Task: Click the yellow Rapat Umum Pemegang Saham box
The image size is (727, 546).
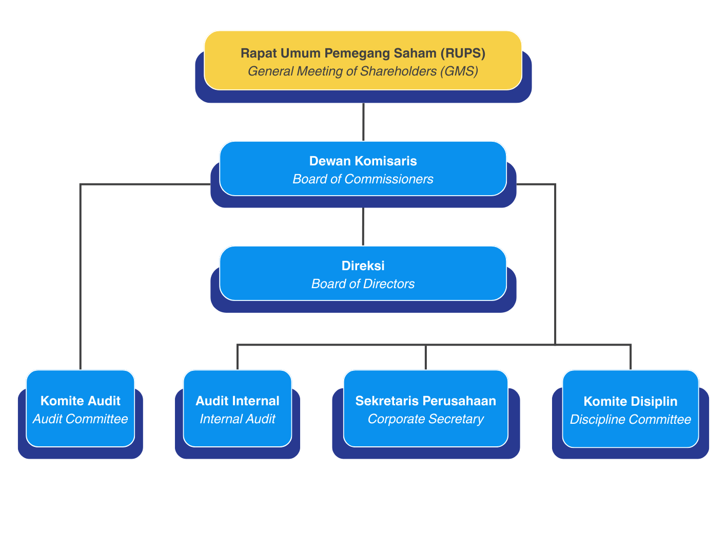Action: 363,60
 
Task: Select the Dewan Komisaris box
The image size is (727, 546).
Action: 363,168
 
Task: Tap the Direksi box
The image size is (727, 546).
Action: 363,273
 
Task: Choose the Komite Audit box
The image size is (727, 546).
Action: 81,408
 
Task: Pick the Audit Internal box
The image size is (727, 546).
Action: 238,408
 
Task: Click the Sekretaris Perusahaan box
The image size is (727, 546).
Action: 426,408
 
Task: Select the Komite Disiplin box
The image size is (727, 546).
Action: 630,409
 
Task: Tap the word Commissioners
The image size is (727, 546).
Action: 389,179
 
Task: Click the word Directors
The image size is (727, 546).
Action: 389,284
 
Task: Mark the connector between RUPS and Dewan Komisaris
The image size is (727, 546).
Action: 363,122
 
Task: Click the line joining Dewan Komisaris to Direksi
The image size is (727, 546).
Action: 363,227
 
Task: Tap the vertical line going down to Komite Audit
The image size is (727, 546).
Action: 81,277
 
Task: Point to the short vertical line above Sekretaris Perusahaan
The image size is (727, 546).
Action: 426,357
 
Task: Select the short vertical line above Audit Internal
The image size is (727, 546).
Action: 238,357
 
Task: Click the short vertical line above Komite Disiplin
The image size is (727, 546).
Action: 630,357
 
